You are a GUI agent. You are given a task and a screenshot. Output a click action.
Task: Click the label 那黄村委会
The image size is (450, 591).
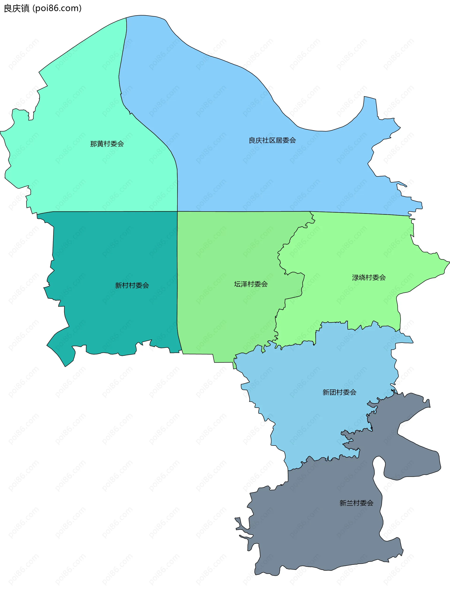point(107,144)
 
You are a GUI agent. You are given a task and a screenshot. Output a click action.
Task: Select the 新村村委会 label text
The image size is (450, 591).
point(132,286)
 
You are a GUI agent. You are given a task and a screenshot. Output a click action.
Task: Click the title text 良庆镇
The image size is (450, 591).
point(17,9)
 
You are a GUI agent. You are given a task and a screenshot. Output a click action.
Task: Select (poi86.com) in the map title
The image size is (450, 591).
point(57,9)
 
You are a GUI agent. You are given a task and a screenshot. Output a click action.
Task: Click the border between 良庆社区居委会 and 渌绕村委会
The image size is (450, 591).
point(362,213)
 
